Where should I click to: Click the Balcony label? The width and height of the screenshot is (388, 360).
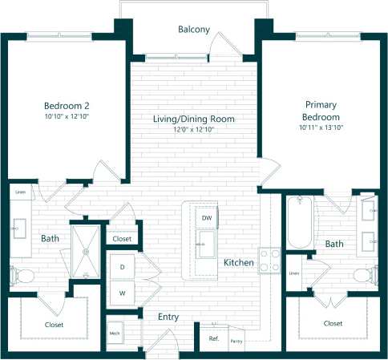tap(194, 30)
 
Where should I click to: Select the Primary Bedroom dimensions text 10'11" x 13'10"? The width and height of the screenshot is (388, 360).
tap(321, 127)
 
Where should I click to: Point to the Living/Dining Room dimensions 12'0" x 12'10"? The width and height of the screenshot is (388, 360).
tap(194, 130)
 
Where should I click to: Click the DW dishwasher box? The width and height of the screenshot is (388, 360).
tap(206, 218)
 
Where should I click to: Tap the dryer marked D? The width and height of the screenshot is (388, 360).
tap(123, 265)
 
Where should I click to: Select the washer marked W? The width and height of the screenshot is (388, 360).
tap(123, 293)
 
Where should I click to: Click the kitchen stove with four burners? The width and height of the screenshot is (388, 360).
tap(270, 261)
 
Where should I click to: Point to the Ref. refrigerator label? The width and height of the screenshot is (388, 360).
tap(214, 338)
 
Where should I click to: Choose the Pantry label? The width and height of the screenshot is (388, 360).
tap(236, 341)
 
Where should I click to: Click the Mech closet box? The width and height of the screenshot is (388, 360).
tap(114, 333)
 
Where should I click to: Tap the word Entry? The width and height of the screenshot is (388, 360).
tap(168, 318)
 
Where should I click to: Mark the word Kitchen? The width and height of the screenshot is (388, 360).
tap(239, 263)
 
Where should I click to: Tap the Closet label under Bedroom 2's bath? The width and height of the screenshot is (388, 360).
tap(53, 324)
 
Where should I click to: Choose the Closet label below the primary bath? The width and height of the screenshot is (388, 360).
tap(333, 323)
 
